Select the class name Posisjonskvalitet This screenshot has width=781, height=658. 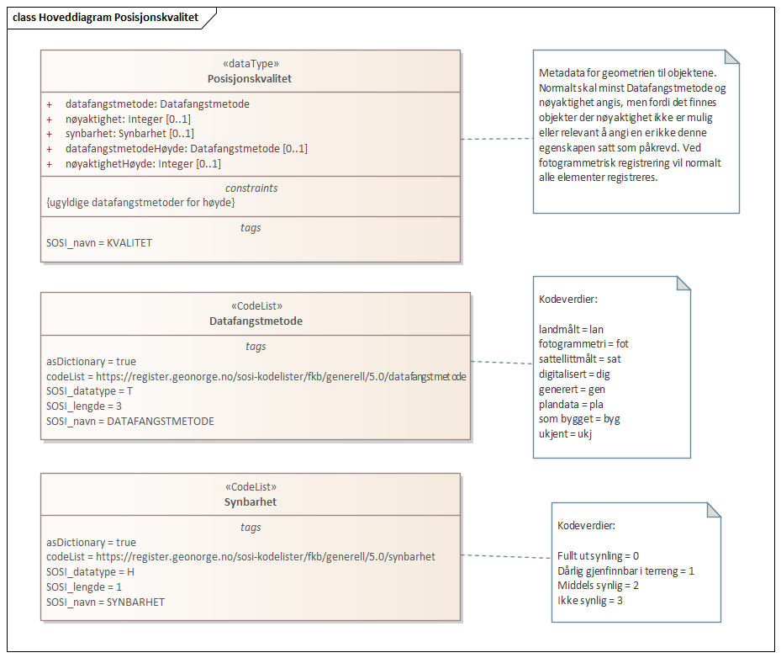(250, 78)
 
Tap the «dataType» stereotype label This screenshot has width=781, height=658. (250, 63)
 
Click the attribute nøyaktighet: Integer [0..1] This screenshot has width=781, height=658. (128, 119)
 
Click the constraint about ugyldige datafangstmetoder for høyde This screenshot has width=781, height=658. (140, 202)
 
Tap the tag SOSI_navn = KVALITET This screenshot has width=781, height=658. (99, 242)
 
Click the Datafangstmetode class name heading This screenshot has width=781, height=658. (256, 321)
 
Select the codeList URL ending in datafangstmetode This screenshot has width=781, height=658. (256, 376)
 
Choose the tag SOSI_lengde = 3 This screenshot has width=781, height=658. (84, 406)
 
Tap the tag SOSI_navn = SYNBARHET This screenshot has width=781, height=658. (105, 602)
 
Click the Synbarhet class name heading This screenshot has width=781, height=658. (250, 501)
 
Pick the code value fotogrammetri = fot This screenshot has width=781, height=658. (583, 343)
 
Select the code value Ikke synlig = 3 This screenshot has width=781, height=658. (589, 601)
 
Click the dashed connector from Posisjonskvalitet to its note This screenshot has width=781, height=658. (496, 139)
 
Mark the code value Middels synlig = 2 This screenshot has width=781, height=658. (598, 586)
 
